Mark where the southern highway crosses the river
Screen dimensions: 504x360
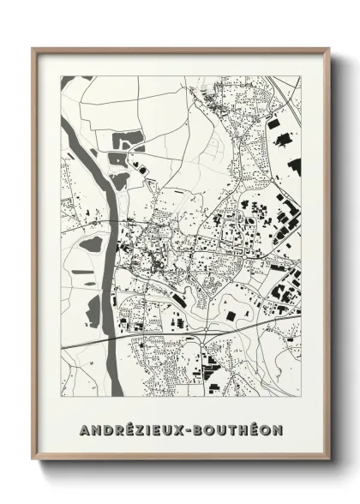pos(107,338)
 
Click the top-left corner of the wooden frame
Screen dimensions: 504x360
pos(33,49)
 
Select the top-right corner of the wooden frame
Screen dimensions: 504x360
pos(327,49)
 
